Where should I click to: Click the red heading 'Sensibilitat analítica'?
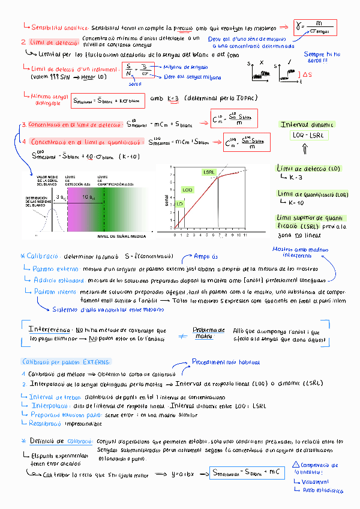(x=60, y=28)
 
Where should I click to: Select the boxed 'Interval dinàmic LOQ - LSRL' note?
(x=308, y=130)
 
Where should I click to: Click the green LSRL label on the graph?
(x=209, y=172)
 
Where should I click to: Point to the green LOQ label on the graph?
(x=187, y=190)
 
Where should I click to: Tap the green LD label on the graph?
(x=179, y=204)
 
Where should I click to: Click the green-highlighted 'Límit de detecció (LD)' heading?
(x=308, y=170)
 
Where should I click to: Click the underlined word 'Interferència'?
(x=50, y=330)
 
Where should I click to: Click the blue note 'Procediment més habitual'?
(x=219, y=362)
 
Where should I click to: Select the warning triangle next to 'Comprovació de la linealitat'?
(x=295, y=465)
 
